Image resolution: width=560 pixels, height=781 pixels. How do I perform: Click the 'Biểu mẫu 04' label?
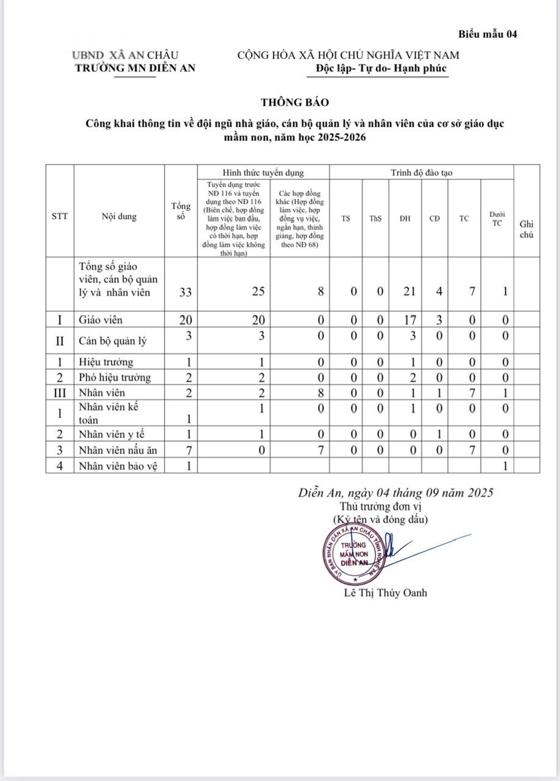(x=488, y=34)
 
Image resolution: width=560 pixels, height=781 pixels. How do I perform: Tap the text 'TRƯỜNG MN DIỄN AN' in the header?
(x=135, y=68)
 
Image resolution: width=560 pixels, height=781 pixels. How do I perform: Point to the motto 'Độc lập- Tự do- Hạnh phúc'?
(x=381, y=68)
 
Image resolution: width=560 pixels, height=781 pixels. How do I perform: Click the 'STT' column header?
(x=60, y=216)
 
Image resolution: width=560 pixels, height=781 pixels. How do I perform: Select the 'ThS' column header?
(x=375, y=218)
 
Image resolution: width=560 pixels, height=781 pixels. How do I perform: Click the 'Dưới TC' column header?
(x=497, y=218)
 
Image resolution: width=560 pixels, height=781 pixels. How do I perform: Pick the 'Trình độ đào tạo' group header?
(x=421, y=173)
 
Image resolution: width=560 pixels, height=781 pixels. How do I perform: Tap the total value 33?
(x=186, y=292)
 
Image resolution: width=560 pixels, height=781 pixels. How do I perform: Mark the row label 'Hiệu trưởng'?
(x=106, y=362)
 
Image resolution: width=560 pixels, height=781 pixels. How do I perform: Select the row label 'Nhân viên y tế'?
(x=113, y=434)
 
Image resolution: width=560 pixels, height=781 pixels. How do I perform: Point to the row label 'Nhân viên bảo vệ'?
(x=118, y=466)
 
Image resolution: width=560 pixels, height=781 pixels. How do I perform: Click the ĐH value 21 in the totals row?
(x=409, y=292)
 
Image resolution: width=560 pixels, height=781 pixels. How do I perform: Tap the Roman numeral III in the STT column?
(x=60, y=392)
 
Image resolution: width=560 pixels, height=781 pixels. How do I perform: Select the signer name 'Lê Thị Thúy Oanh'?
(x=386, y=592)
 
